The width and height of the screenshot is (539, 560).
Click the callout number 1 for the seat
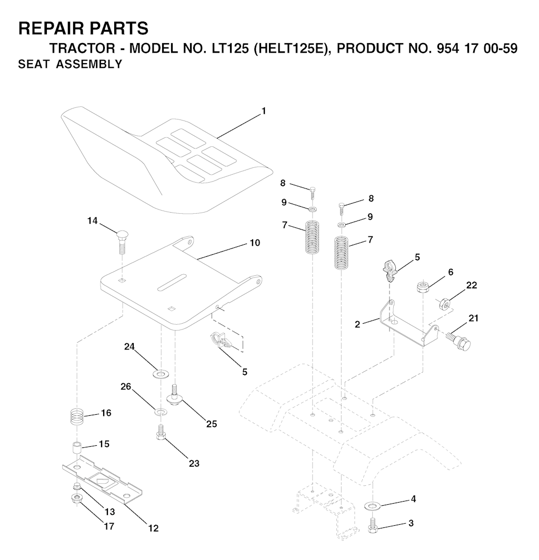tap(264, 111)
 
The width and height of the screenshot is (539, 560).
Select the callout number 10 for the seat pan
tap(255, 243)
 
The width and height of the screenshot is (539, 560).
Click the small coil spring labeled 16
tap(76, 416)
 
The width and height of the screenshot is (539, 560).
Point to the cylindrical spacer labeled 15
tap(76, 448)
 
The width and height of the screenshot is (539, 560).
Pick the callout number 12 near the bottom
tap(153, 528)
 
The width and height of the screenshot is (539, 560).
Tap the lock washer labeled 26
tap(161, 412)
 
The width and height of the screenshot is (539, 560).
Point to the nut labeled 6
tap(423, 287)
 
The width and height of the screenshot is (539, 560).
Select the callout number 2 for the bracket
tap(357, 324)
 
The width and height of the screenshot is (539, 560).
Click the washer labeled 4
tap(373, 506)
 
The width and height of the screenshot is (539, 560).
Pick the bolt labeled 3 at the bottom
tap(373, 525)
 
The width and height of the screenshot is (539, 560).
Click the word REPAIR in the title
tap(48, 28)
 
